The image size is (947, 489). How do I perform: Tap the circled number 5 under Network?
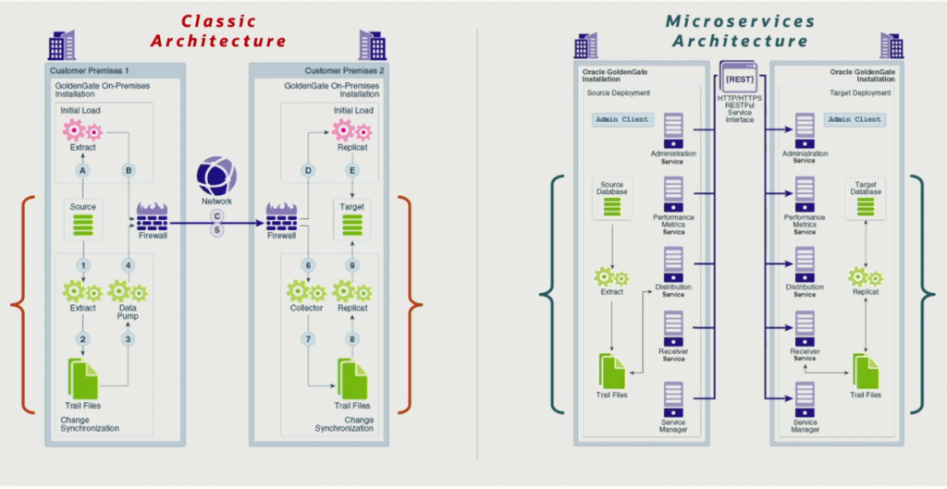(217, 229)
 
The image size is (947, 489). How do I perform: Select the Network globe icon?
(216, 176)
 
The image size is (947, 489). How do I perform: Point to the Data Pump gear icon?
(128, 292)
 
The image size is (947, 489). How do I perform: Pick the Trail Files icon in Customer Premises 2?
(351, 378)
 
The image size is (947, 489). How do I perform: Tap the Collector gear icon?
(304, 292)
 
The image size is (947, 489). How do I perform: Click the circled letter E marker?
(351, 170)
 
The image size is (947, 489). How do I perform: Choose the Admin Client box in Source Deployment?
(622, 120)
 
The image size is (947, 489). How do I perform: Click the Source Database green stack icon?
(611, 206)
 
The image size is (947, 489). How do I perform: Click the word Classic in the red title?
(217, 20)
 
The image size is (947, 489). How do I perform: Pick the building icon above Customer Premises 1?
(62, 44)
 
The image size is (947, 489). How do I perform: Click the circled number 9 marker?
(351, 265)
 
